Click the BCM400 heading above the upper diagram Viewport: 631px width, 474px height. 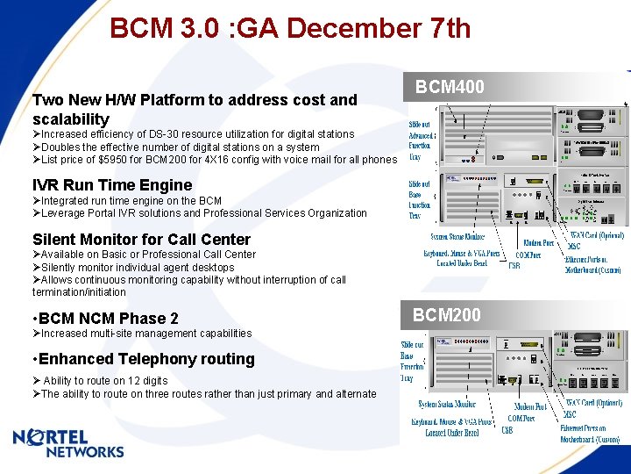click(450, 87)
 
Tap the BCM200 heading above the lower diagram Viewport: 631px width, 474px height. click(447, 315)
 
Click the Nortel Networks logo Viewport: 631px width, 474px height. click(68, 443)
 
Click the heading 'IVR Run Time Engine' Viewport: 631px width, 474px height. click(112, 185)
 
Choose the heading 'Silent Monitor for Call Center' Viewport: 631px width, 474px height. click(141, 240)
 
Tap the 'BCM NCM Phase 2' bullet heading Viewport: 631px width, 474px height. click(105, 319)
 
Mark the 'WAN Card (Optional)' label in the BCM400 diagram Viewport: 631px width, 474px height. click(597, 235)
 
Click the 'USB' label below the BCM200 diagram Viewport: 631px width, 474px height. click(507, 430)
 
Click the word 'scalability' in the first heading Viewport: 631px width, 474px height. click(71, 118)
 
